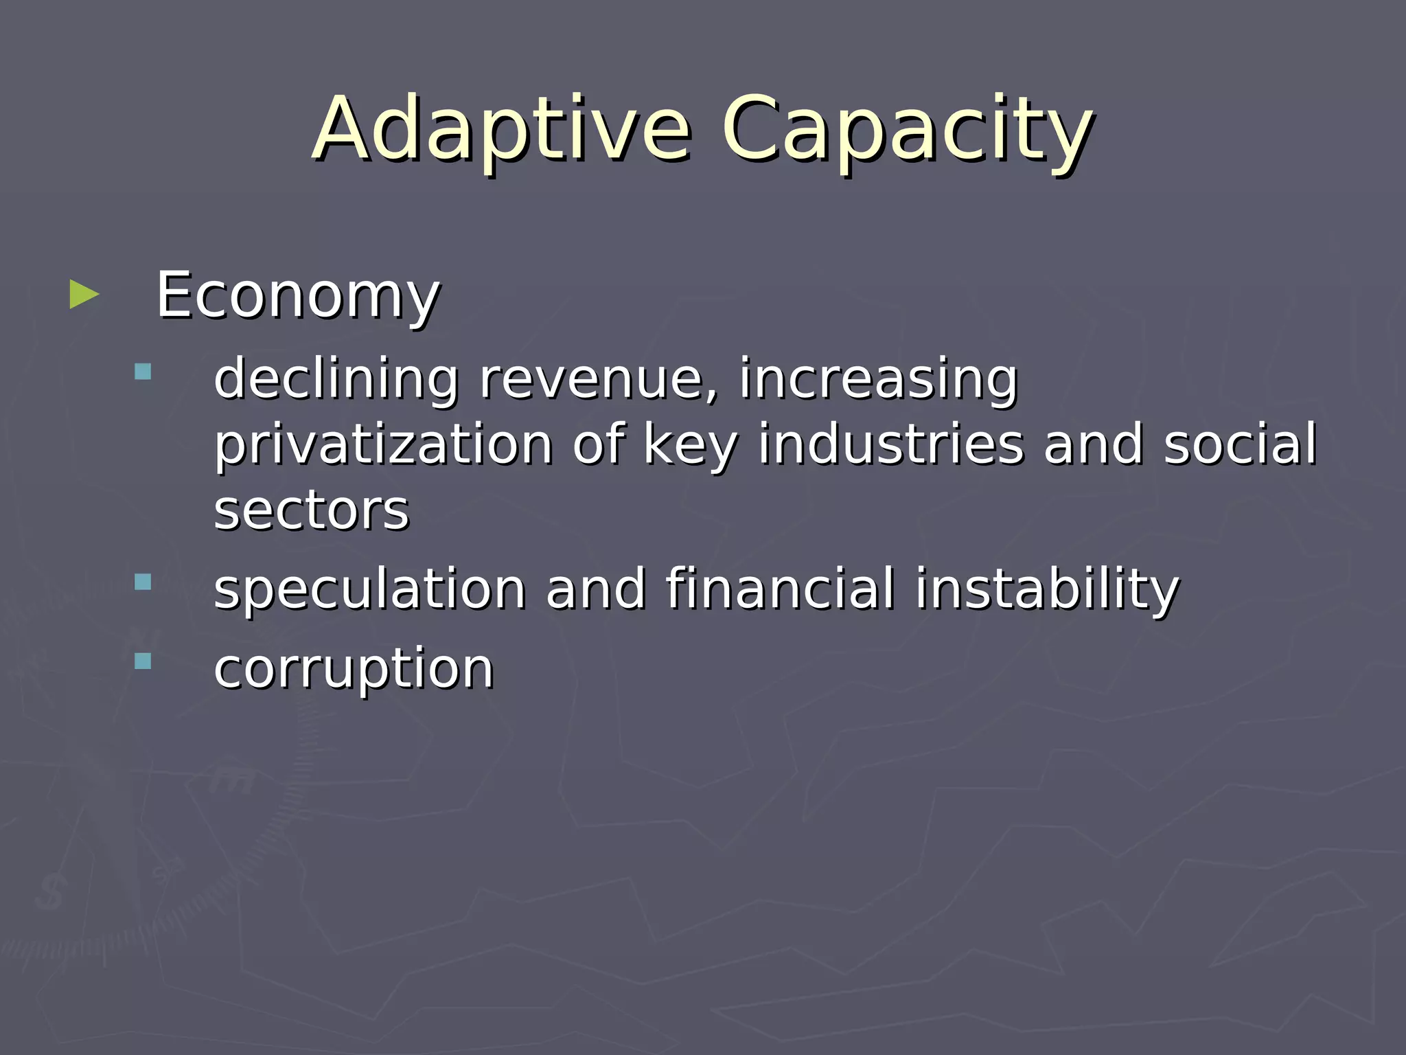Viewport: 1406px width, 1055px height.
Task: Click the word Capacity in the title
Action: coord(906,131)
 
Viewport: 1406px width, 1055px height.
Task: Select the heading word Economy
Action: coord(297,295)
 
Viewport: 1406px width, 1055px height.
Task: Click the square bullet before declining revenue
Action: coord(143,372)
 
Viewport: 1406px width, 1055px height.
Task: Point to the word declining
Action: coord(336,378)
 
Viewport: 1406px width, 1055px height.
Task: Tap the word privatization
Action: coord(384,445)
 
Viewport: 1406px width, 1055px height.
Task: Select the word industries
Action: coord(890,444)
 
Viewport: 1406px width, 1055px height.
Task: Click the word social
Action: coord(1240,444)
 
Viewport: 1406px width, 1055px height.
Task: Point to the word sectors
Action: coord(311,511)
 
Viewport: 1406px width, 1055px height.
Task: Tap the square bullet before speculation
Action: coord(143,582)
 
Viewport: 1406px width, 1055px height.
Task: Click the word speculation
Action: coord(369,589)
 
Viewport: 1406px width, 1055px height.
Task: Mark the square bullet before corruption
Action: coord(143,661)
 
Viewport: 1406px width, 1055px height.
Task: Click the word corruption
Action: coord(353,668)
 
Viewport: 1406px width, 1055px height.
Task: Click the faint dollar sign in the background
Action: coord(49,892)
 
